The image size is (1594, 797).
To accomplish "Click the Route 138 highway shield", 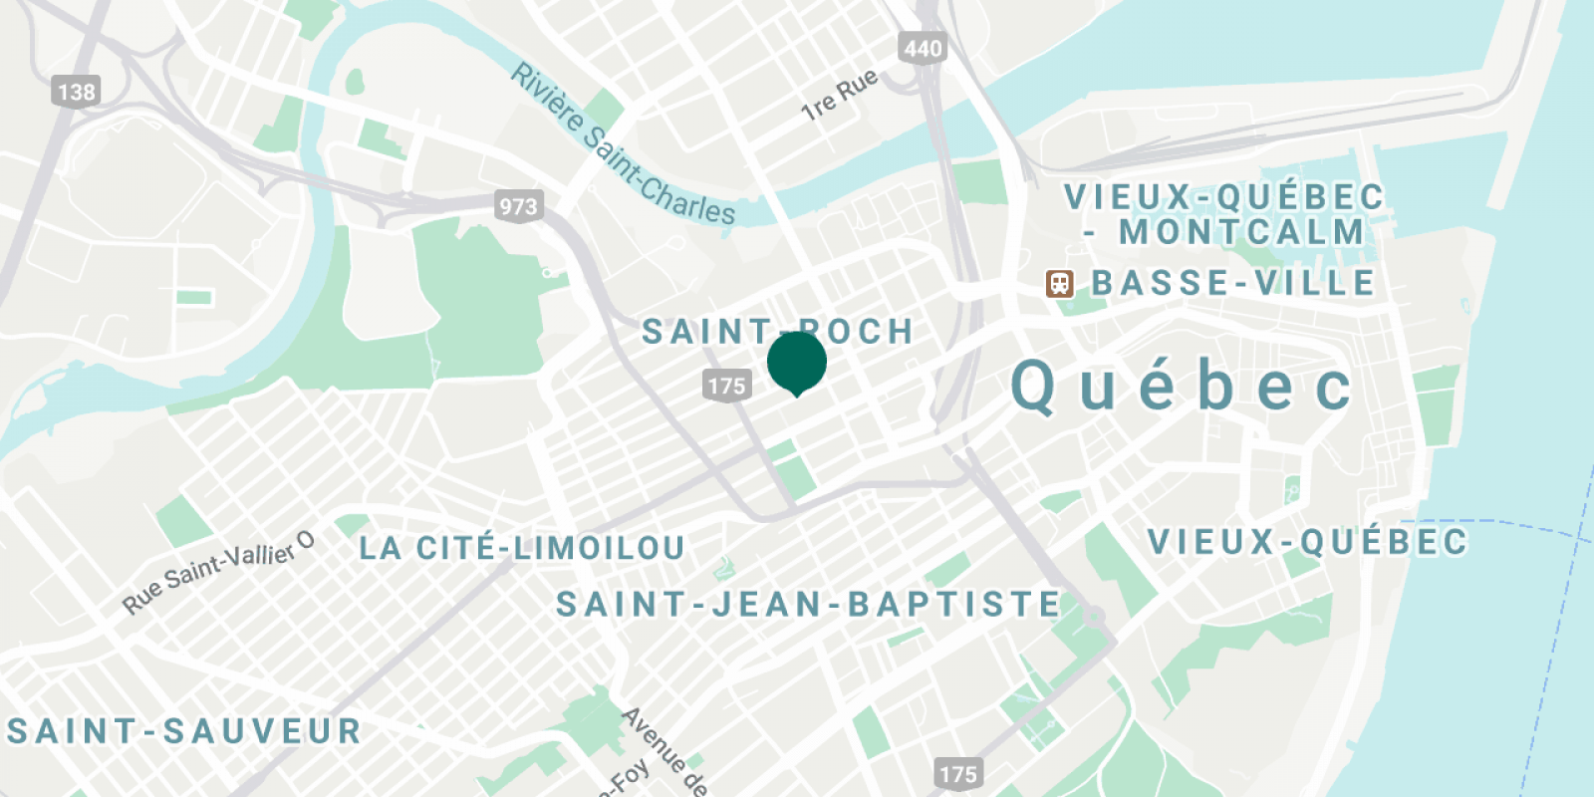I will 76,93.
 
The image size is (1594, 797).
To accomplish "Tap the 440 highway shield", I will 922,48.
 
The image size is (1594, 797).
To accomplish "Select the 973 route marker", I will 518,206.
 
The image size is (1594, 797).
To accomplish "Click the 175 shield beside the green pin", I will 726,386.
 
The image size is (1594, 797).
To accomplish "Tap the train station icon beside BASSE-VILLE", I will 1059,284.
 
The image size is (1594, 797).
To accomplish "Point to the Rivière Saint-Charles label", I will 623,145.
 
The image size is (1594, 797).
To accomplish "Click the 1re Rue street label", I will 840,95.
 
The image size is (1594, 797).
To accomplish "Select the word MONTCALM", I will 1241,232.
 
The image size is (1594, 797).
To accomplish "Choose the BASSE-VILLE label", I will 1233,283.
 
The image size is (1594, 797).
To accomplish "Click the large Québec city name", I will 1182,387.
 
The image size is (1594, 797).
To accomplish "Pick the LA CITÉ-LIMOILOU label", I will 521,548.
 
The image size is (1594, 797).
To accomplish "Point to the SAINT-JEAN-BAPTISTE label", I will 808,604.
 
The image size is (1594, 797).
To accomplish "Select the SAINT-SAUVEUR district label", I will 184,731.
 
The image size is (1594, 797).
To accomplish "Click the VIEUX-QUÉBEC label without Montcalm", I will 1307,542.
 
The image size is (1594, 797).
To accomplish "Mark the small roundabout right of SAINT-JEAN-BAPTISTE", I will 1094,617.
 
